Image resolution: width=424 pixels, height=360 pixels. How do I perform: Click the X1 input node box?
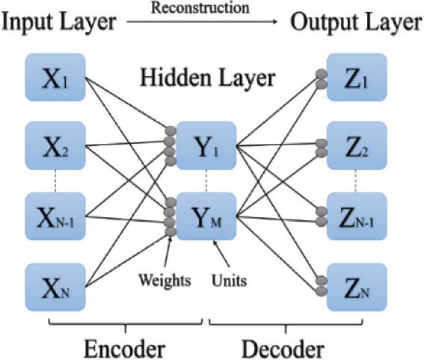(x=55, y=78)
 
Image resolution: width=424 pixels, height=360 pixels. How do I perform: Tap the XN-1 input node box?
(x=55, y=216)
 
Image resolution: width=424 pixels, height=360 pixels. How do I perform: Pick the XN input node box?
(x=55, y=287)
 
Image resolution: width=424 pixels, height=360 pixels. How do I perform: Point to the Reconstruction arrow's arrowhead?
(x=276, y=22)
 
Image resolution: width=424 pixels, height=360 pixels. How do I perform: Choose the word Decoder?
(x=285, y=348)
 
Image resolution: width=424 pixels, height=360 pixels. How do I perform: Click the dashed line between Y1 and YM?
(x=206, y=181)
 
